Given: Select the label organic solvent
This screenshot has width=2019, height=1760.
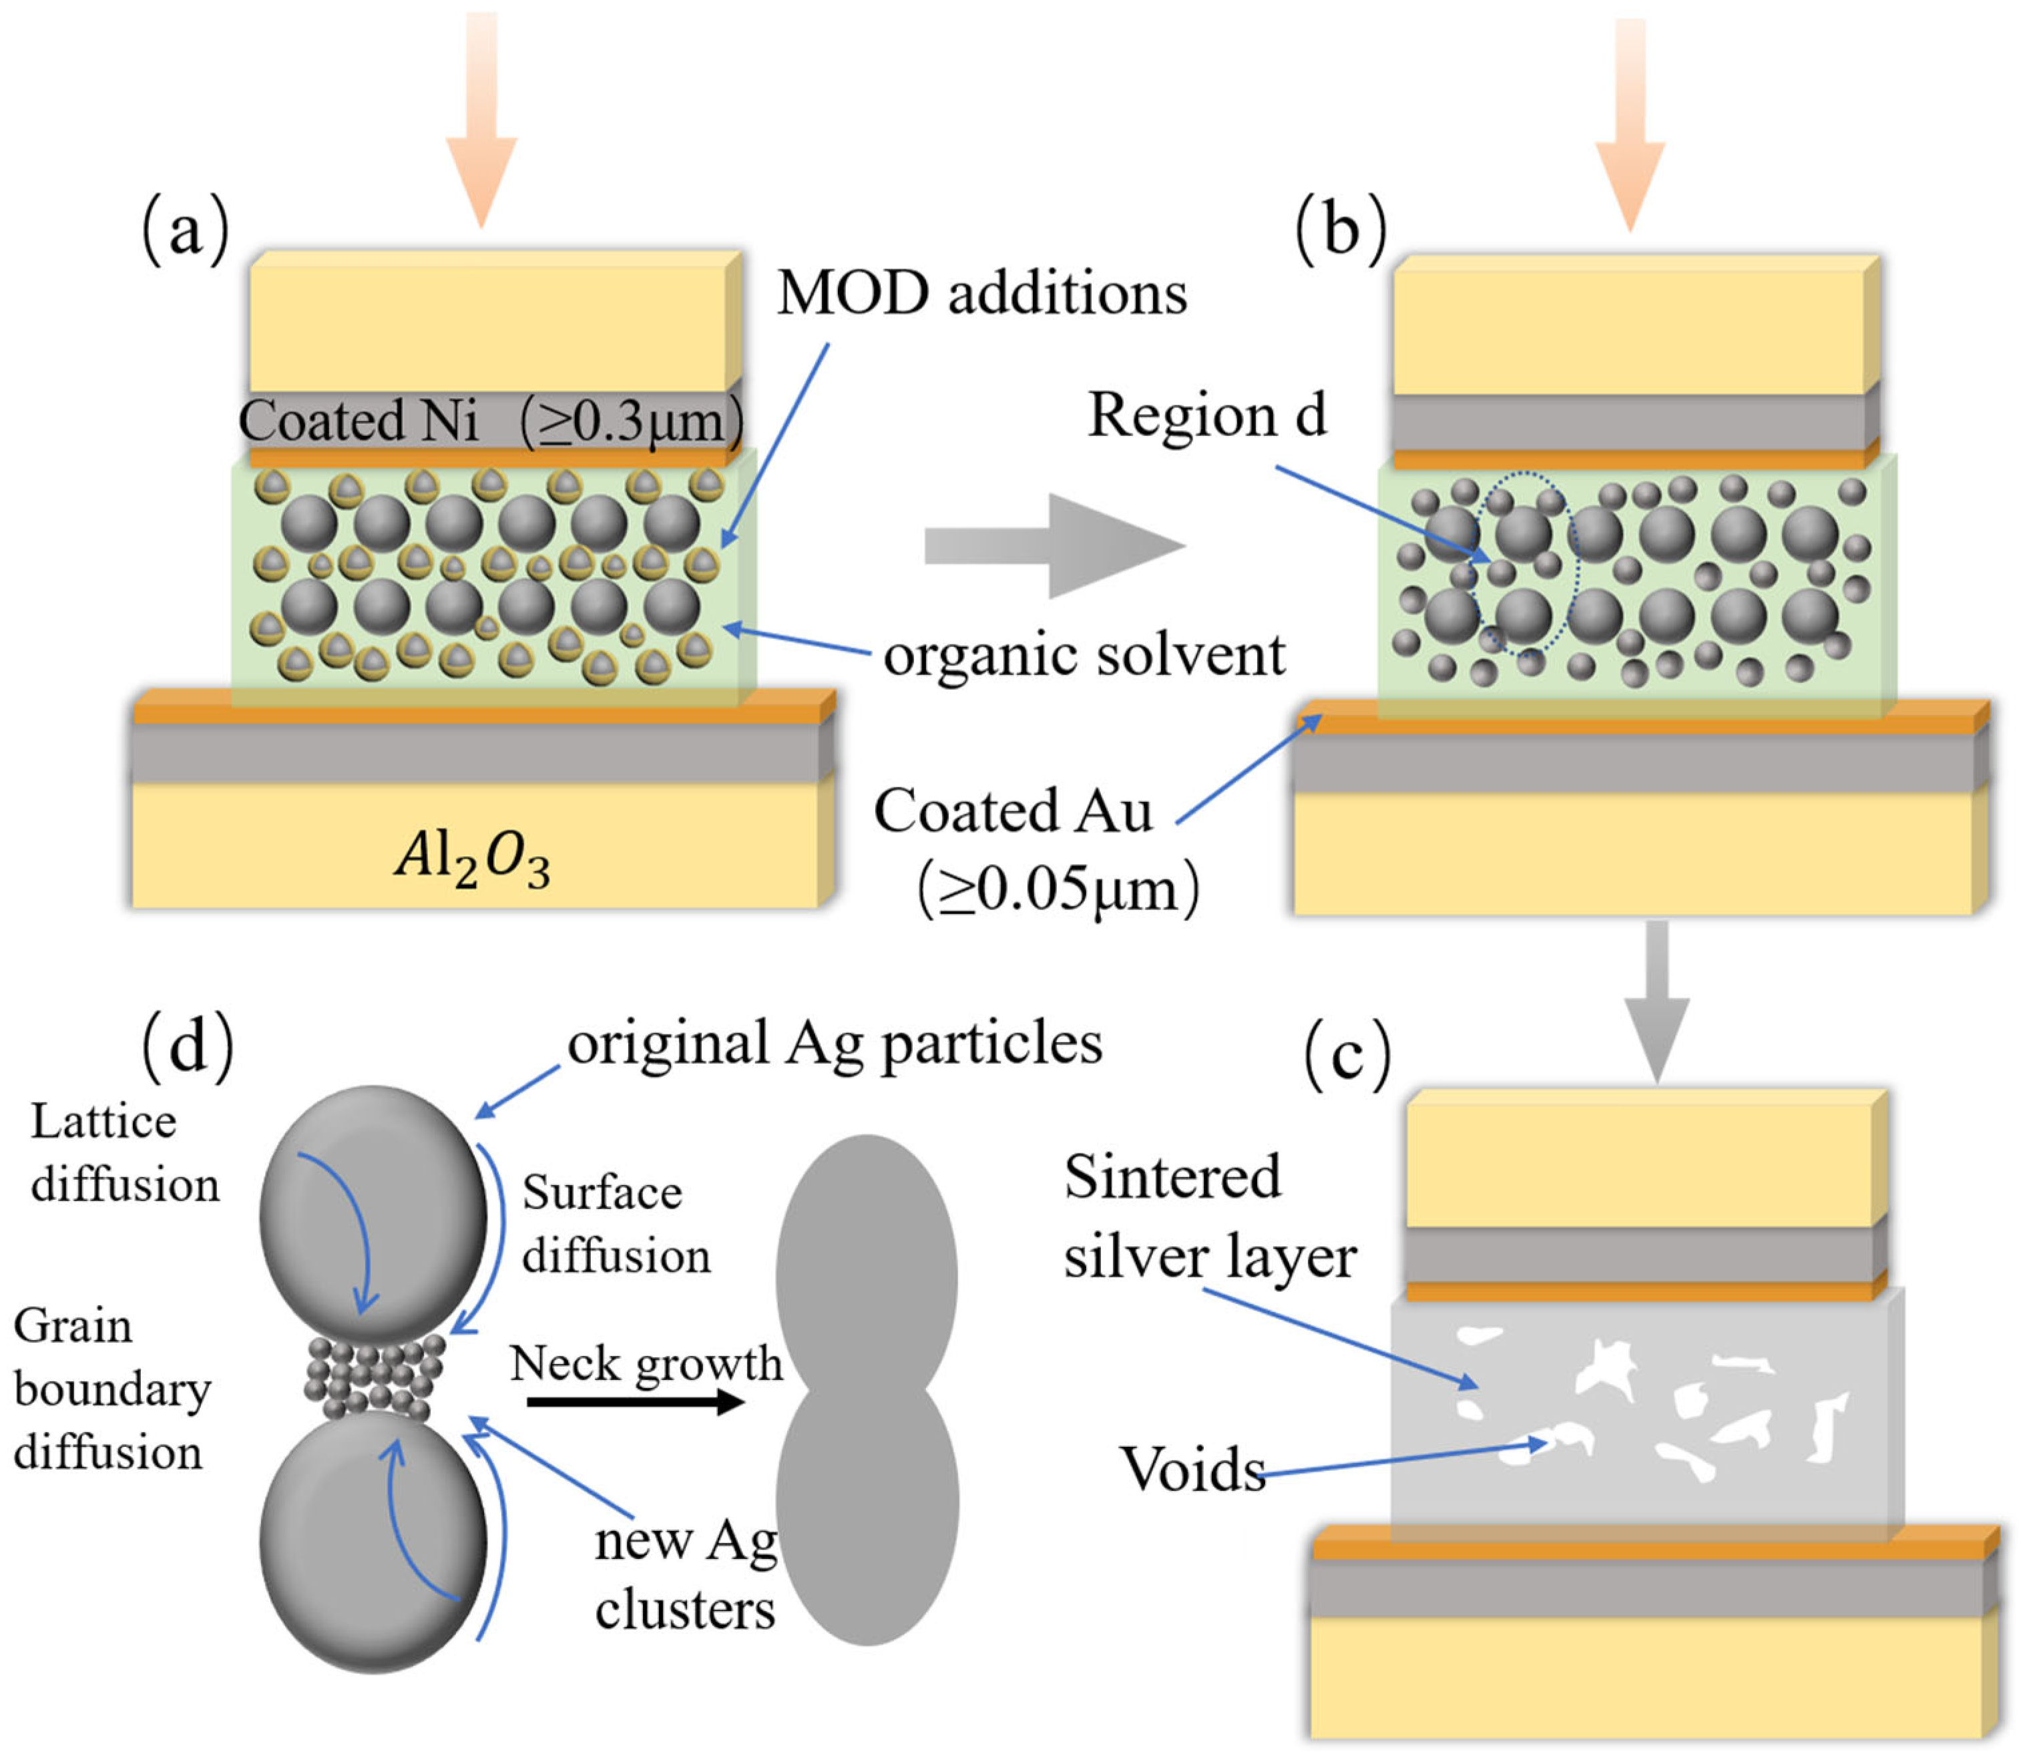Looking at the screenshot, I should point(1083,655).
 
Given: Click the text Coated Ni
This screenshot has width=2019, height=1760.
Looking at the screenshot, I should point(359,421).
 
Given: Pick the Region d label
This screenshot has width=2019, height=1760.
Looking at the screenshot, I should point(1207,415).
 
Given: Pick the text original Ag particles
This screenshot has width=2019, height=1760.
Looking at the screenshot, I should point(835,1043).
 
